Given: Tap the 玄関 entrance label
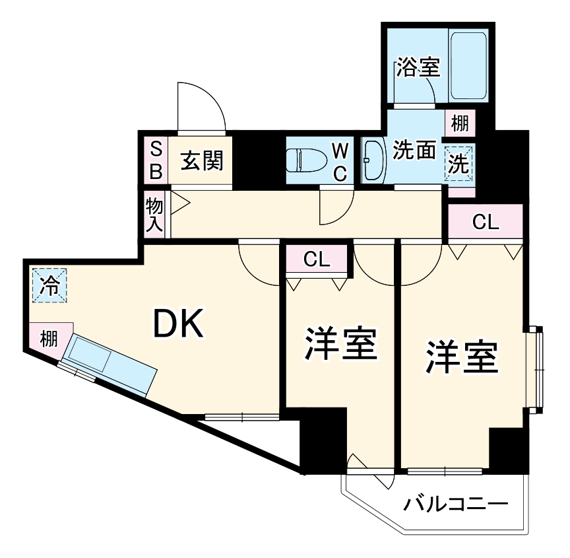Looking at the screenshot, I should pos(202,160).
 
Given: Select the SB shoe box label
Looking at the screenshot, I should pos(156,160).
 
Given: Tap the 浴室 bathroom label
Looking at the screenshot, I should pos(418,68).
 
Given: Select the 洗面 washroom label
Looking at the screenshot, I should pos(414,151).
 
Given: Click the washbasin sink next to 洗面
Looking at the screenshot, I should pos(373,160).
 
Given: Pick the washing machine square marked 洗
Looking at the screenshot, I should pos(459,163).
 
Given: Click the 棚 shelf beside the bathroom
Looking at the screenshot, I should pos(460,123).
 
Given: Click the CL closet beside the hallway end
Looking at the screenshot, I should pos(486,223).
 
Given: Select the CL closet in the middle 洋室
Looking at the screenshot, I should pos(317,260).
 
